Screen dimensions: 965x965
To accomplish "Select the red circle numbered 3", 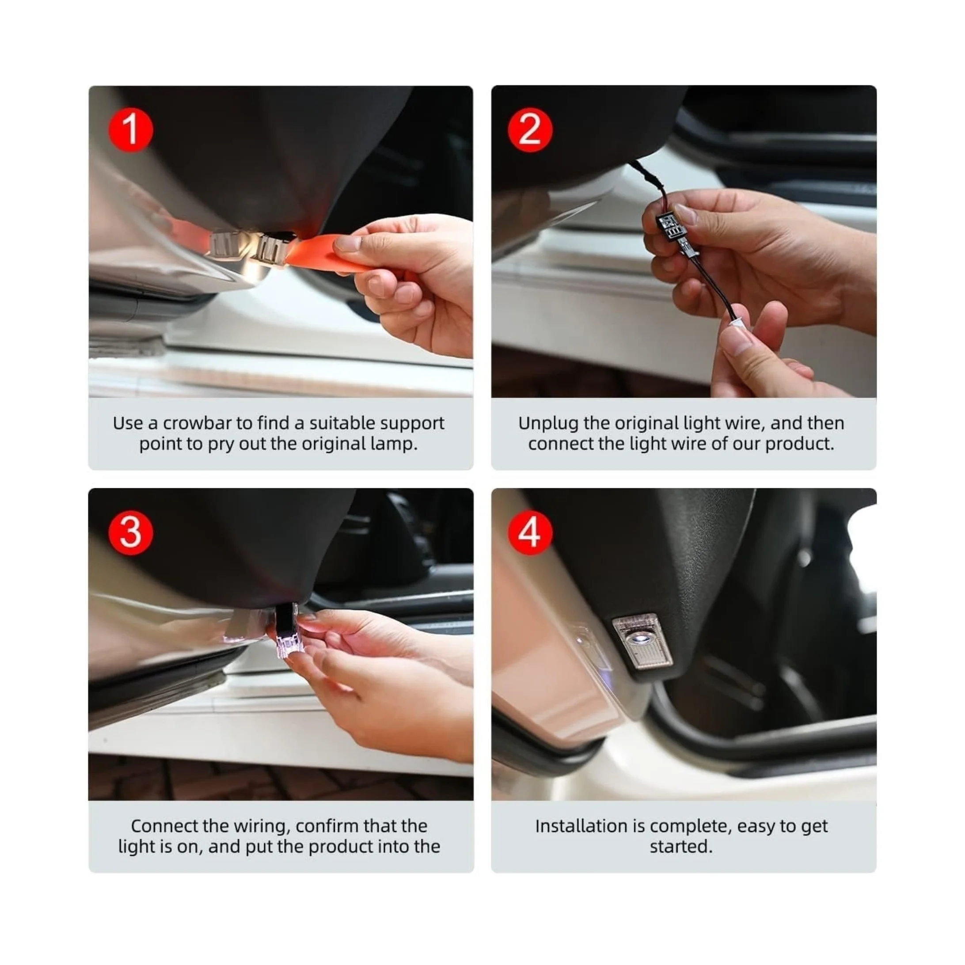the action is point(130,532).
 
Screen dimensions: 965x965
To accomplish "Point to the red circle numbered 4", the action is point(530,532).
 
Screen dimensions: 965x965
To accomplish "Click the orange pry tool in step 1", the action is point(325,253).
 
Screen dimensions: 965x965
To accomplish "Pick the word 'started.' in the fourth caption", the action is point(681,847).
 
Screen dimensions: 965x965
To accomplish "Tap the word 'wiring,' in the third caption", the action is point(262,827).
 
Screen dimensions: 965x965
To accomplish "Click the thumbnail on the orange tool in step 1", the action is point(348,244).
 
